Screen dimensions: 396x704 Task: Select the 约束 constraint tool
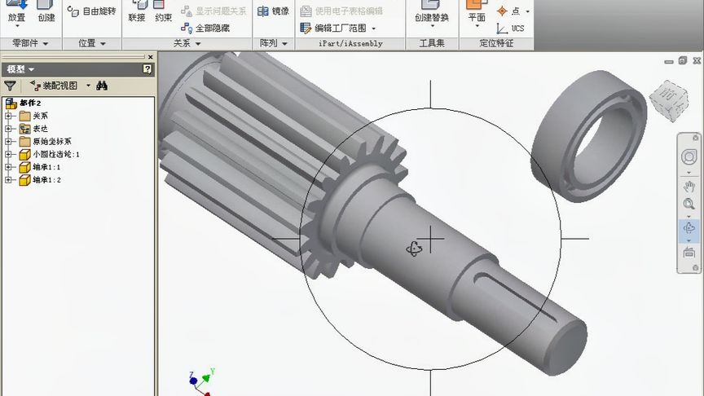(163, 17)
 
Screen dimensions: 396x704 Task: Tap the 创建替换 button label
(431, 17)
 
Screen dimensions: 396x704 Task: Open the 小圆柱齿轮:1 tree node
(55, 154)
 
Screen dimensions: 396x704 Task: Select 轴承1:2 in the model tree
(46, 180)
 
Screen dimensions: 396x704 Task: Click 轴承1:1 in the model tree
(46, 167)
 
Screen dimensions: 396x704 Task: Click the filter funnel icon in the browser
(10, 86)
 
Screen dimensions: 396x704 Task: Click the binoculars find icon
(102, 86)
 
